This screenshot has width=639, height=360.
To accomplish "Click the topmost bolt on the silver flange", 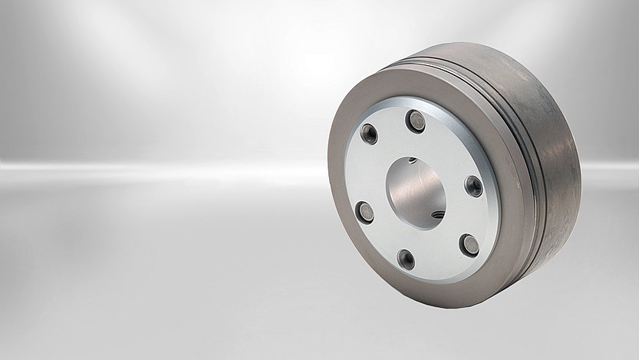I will [x=416, y=120].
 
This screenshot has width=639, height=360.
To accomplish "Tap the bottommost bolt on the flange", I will [x=407, y=259].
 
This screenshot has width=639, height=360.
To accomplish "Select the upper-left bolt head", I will [x=367, y=134].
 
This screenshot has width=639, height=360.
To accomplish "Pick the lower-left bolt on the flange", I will [x=365, y=212].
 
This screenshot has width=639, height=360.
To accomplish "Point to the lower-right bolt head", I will [x=469, y=246].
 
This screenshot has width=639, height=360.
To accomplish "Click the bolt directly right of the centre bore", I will [x=474, y=186].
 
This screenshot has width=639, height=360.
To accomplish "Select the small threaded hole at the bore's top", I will [x=412, y=160].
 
